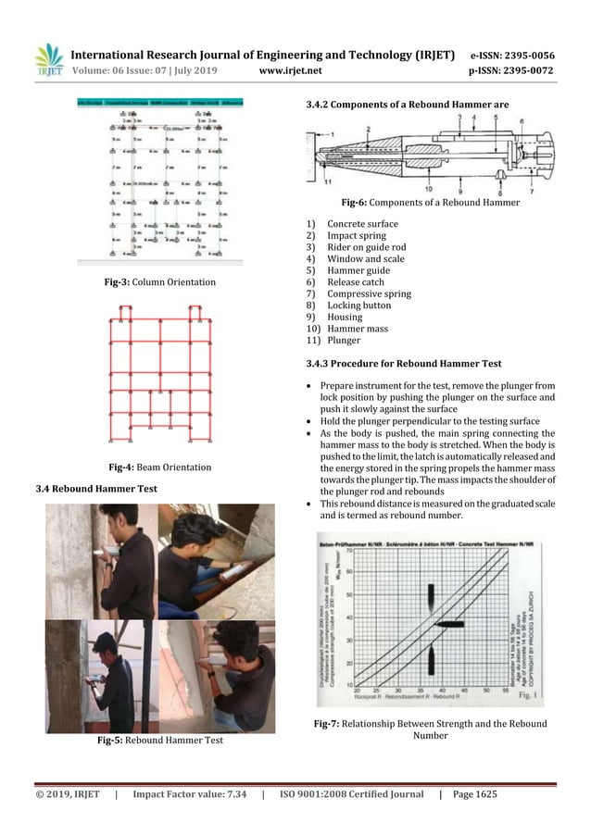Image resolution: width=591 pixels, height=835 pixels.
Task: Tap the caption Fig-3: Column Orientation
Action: [160, 281]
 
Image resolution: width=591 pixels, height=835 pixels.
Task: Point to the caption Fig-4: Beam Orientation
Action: [160, 467]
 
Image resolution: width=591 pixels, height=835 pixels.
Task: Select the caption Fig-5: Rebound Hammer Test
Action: [160, 741]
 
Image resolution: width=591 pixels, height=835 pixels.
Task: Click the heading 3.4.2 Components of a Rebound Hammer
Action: [408, 106]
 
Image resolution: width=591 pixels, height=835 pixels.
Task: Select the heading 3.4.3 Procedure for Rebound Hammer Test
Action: [403, 364]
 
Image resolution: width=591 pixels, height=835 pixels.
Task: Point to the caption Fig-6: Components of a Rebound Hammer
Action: [431, 203]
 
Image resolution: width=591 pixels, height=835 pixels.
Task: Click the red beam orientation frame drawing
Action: [159, 375]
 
